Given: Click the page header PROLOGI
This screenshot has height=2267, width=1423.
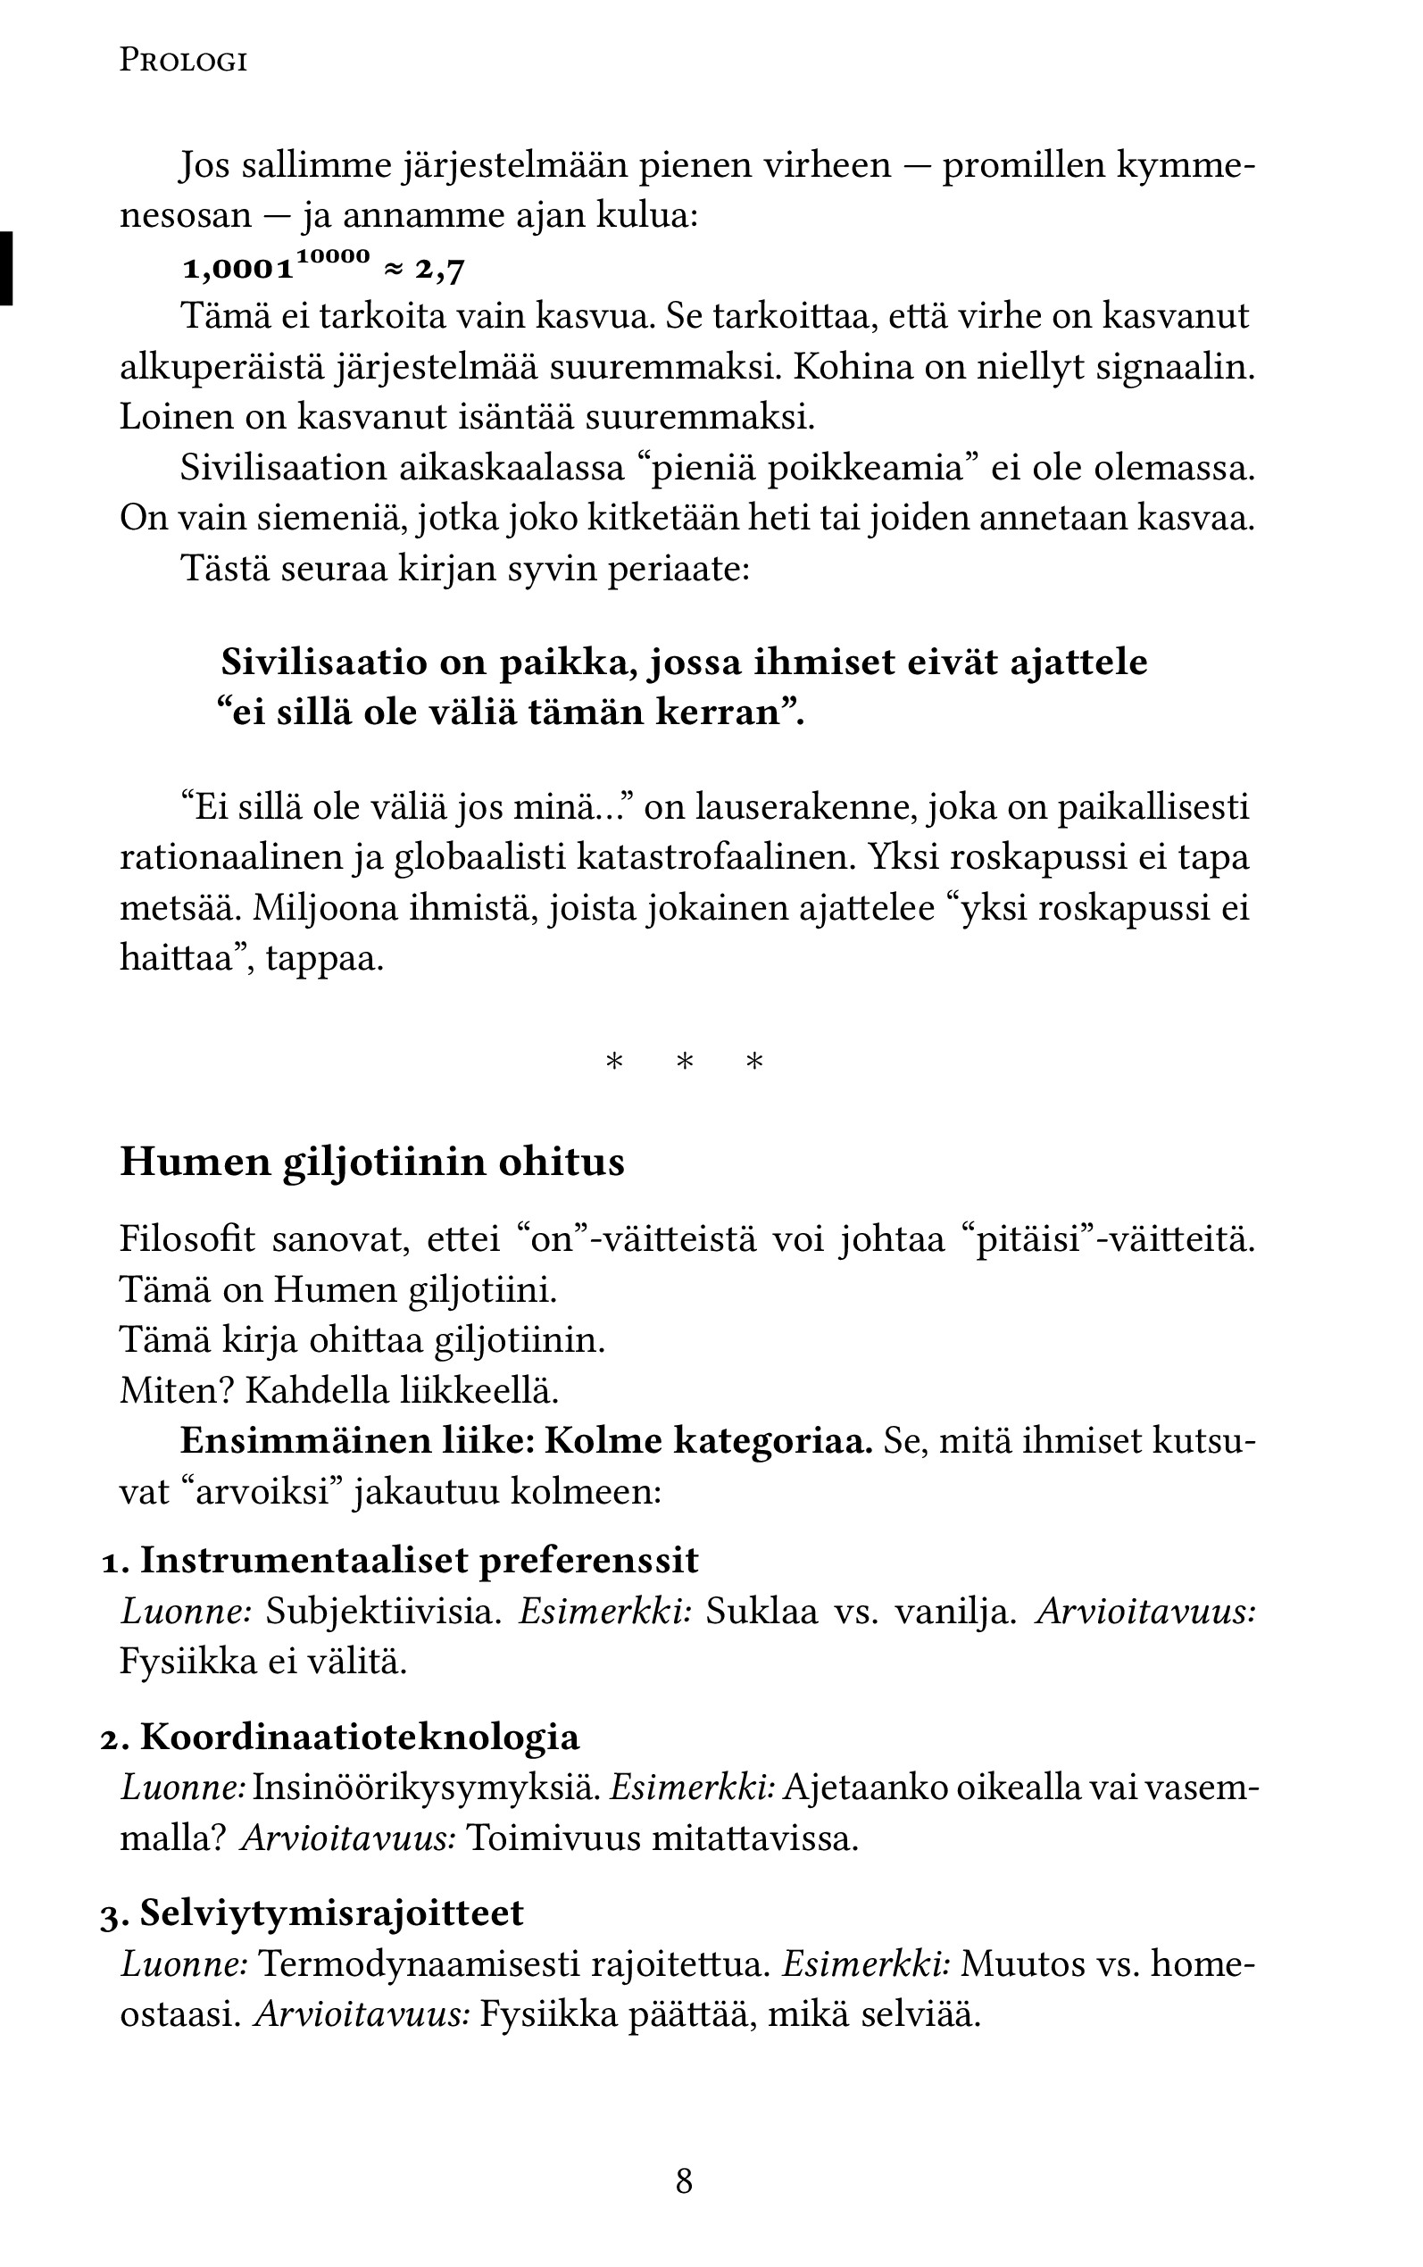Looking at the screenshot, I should coord(184,63).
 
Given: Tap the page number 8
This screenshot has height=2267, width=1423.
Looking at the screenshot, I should coord(684,2181).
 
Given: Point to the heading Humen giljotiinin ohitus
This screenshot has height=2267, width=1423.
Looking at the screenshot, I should coord(371,1163).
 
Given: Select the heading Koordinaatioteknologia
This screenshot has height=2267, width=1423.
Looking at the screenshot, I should coord(360,1737).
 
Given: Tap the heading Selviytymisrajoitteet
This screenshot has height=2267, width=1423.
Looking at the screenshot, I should coord(331,1913).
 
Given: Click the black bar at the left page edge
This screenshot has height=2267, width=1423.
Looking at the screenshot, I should coord(6,268).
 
